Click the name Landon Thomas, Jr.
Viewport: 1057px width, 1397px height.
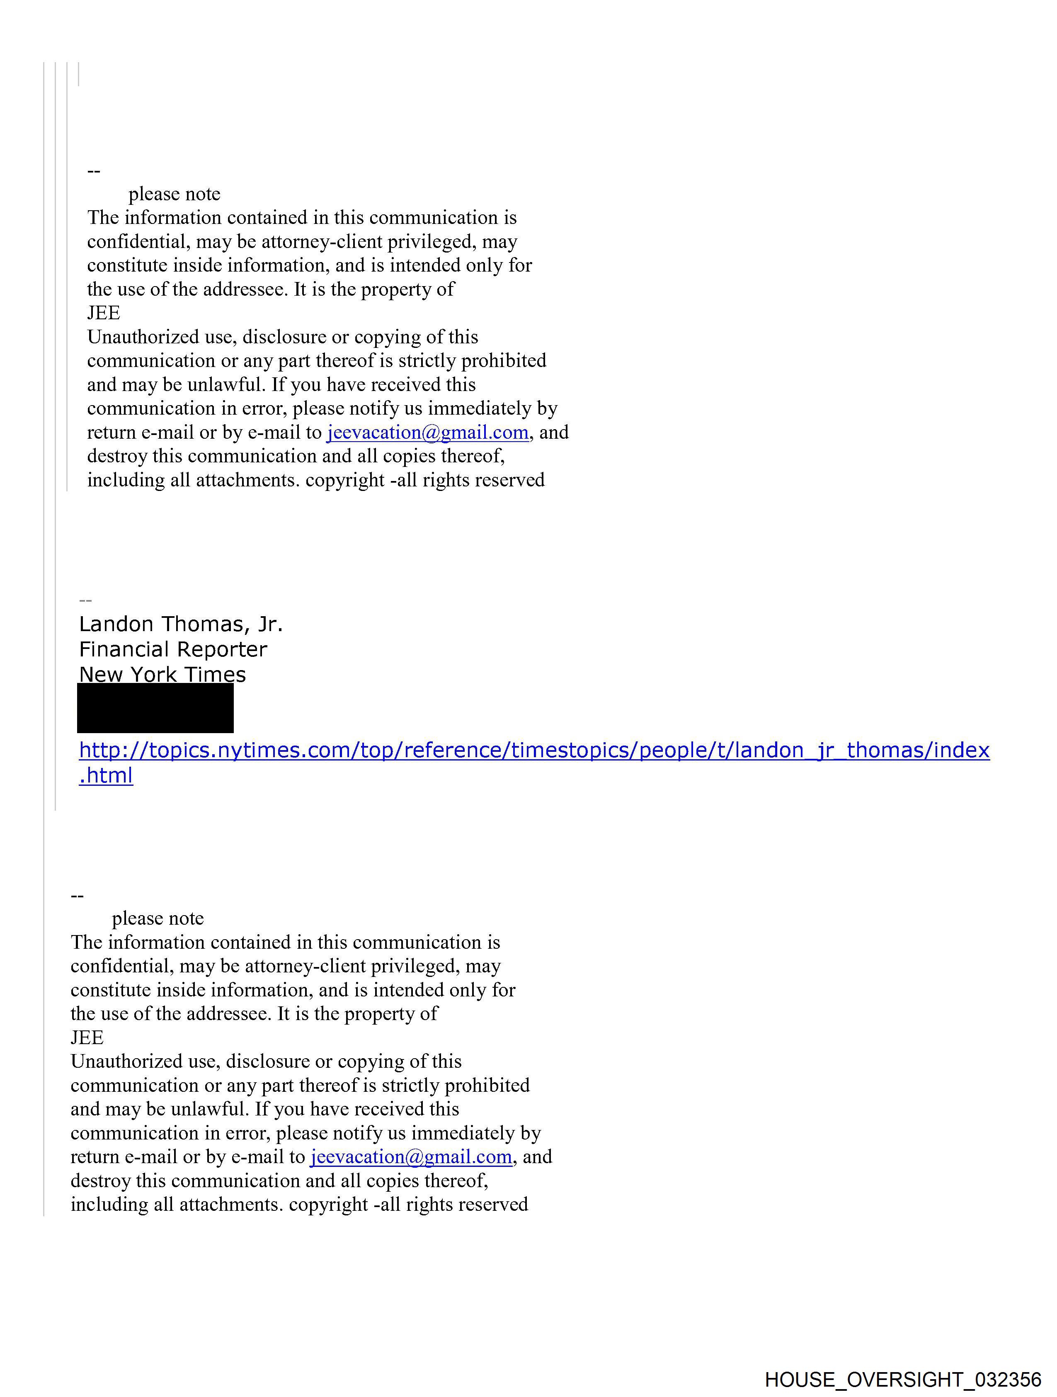pos(181,624)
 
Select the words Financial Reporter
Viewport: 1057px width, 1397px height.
pos(173,650)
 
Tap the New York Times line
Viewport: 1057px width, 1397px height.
pos(162,675)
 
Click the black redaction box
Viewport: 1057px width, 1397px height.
pos(155,708)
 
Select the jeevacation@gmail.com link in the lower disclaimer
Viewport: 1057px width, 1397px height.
pos(411,1157)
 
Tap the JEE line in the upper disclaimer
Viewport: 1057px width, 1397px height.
pos(104,313)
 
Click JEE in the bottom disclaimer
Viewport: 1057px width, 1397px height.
pos(87,1037)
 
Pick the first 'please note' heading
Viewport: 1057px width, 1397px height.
pos(174,194)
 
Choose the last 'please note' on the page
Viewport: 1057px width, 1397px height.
pos(158,918)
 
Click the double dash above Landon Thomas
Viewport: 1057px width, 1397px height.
pos(85,600)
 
